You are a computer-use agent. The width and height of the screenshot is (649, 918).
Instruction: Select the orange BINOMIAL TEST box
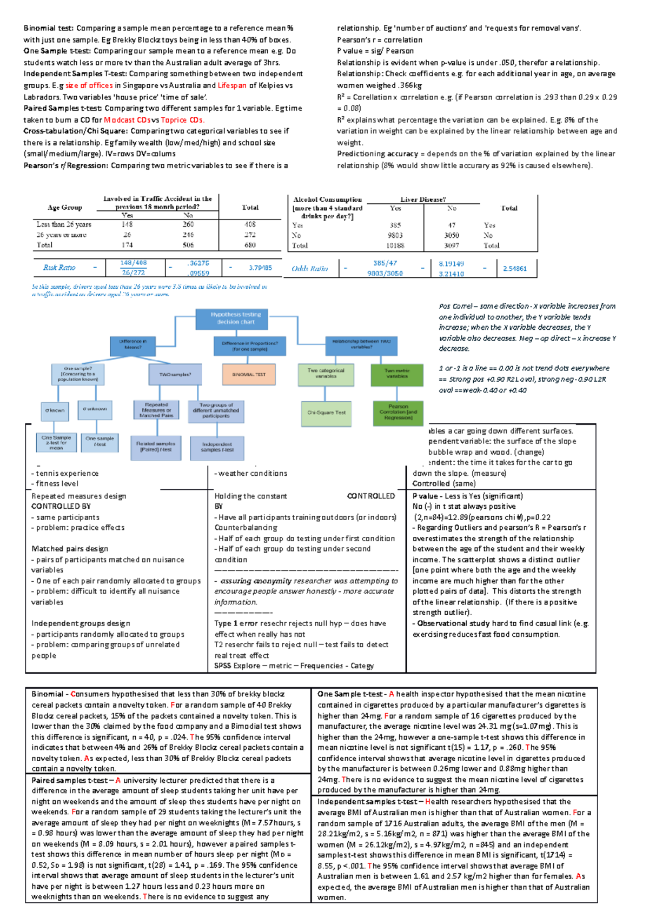coord(249,374)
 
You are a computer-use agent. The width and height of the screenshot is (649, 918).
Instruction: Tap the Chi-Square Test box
coord(326,413)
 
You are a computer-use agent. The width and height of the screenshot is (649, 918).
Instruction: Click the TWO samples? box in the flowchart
coord(175,374)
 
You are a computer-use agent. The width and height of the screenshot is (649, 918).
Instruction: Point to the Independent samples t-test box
coord(217,447)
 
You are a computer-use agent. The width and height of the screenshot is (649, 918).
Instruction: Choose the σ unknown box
coord(95,409)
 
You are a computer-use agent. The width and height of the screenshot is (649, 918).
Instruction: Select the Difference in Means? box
coord(133,344)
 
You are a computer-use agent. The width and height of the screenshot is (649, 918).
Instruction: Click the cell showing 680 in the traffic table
coord(250,245)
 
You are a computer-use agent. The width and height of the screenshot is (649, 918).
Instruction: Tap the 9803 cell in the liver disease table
coord(395,235)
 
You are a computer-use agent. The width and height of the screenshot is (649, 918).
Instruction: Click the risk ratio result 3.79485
coord(260,268)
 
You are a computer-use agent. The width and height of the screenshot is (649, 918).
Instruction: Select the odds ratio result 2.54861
coord(514,268)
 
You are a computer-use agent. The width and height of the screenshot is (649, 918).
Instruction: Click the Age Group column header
coord(65,208)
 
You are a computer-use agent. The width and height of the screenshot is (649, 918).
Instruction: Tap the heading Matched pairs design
coord(70,549)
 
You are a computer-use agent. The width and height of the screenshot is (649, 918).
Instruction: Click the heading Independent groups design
coord(81,623)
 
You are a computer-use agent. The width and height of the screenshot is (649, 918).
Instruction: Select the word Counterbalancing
coord(246,528)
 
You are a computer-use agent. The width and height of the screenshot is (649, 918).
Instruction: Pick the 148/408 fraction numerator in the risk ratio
coord(133,263)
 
